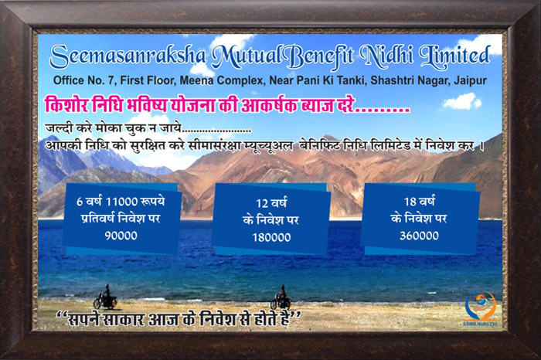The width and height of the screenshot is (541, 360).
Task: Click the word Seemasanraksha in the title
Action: [128, 56]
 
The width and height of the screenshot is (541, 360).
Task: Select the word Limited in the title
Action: [454, 55]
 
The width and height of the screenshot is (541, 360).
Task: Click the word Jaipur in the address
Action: [470, 80]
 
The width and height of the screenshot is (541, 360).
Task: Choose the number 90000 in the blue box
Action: [121, 236]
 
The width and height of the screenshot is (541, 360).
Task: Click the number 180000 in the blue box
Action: [271, 238]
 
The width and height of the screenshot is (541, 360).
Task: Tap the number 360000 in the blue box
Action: [419, 236]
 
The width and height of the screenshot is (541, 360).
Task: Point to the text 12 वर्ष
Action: [271, 202]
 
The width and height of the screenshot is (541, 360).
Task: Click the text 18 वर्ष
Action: [419, 201]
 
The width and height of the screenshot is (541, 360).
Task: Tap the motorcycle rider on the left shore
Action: [105, 297]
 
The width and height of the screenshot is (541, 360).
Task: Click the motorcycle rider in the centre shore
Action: [281, 297]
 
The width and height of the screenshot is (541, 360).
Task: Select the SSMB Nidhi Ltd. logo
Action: [481, 309]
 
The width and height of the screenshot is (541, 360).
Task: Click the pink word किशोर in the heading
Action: [66, 104]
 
